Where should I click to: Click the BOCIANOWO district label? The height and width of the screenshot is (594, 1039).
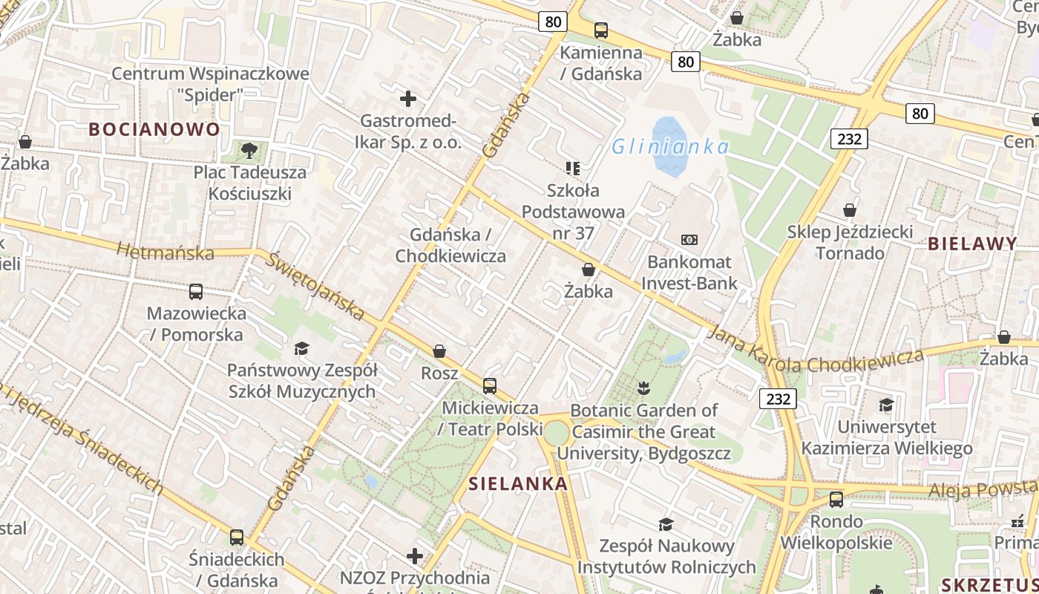point(154,129)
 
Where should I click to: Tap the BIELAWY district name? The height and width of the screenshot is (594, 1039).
point(972,244)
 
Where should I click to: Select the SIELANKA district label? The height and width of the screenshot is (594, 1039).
point(518,484)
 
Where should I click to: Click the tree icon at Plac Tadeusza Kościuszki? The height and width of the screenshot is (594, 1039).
point(249,151)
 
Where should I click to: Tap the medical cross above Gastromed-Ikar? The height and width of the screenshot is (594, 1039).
point(407,98)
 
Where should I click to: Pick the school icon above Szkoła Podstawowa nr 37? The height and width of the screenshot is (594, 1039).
point(572,169)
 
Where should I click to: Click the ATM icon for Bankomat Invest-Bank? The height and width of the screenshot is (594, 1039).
point(689,240)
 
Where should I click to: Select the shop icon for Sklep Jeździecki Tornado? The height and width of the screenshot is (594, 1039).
point(850,211)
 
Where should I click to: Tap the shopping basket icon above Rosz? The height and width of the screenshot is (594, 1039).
point(439,351)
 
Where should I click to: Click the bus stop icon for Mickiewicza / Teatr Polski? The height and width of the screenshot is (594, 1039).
point(490,386)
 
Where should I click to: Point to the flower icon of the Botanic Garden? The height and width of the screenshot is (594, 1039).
point(643,388)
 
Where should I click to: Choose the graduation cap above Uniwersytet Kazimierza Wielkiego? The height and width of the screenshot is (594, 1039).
point(886,405)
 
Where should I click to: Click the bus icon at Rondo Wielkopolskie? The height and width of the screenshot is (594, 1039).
point(836,499)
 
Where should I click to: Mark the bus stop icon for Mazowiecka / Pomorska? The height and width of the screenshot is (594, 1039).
point(196,292)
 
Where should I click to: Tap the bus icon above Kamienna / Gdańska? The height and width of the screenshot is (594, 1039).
point(601,30)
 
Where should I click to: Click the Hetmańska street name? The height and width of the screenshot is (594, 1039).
point(165,250)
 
